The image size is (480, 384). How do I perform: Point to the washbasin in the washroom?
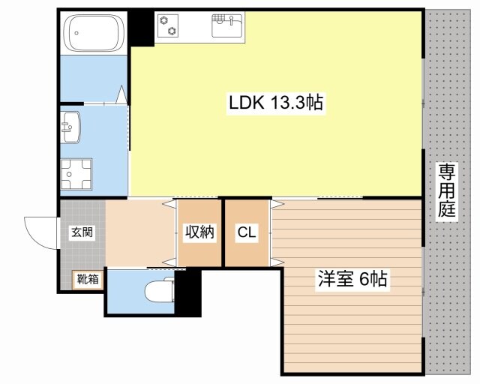(71, 125)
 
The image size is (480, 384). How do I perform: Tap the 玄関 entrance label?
(82, 232)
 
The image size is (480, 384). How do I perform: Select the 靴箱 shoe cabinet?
(87, 280)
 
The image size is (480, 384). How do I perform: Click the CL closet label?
(247, 232)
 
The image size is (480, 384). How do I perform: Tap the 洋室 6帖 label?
(352, 280)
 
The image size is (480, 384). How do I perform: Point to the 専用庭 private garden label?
(447, 190)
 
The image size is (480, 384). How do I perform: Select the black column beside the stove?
(141, 28)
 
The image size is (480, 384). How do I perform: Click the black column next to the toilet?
(188, 292)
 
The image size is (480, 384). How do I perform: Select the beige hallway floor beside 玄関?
(139, 232)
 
